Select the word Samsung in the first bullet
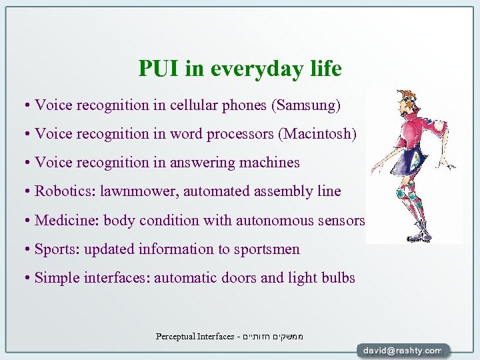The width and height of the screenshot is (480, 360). pos(314,105)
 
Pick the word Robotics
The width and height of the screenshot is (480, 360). pos(65,191)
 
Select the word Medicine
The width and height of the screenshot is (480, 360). pos(65,220)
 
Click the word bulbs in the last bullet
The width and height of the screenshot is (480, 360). pos(337,278)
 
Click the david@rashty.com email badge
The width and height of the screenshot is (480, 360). pos(402,350)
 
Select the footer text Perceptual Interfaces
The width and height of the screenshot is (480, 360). pos(195,336)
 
